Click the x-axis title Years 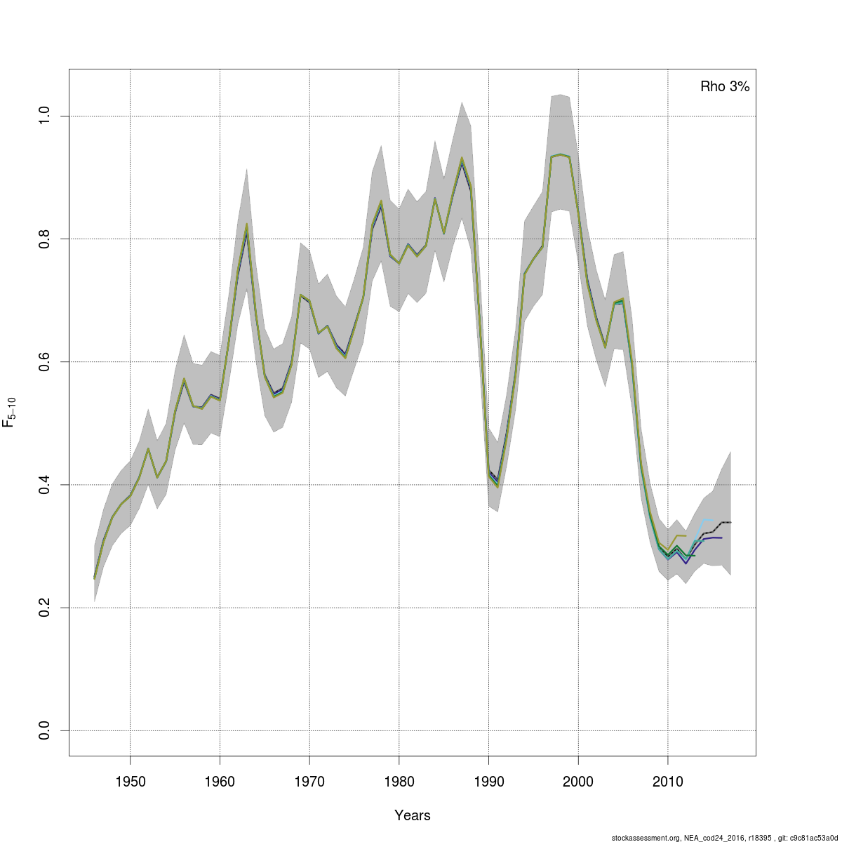pyautogui.click(x=413, y=815)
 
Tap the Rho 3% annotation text pyautogui.click(x=725, y=87)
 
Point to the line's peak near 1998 pyautogui.click(x=560, y=154)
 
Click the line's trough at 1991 pyautogui.click(x=497, y=486)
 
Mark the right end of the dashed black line pyautogui.click(x=730, y=522)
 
